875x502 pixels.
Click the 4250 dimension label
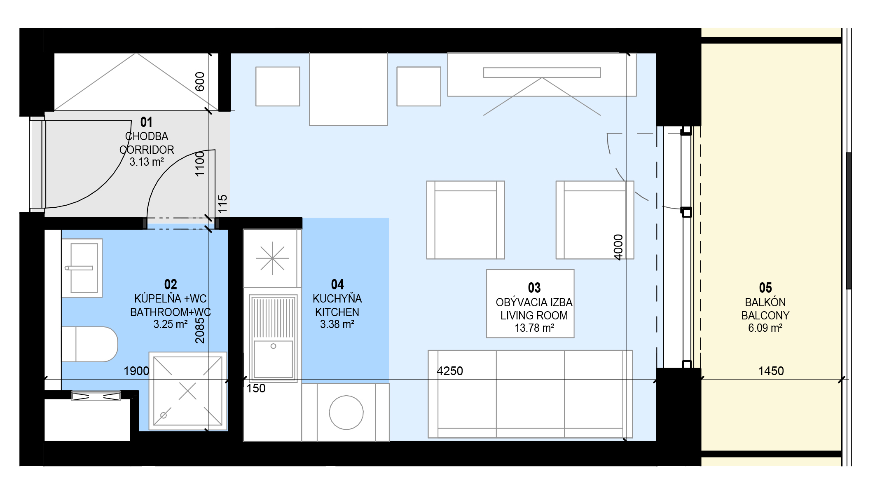(450, 371)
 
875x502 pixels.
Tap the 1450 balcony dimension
(771, 371)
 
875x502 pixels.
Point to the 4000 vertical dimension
(618, 247)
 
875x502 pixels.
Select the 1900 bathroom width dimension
(136, 371)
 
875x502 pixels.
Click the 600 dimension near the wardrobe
(200, 82)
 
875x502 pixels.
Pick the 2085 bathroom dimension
(200, 331)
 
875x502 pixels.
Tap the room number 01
(146, 122)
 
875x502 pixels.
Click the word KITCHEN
(337, 312)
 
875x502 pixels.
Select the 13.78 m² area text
(534, 328)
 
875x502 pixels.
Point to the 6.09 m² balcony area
(765, 328)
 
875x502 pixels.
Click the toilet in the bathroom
(90, 344)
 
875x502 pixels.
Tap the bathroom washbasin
(82, 268)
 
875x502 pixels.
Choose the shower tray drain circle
(164, 415)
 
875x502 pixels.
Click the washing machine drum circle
(346, 413)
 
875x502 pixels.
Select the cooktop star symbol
(272, 258)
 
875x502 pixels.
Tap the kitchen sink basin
(273, 358)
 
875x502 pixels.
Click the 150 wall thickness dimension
(256, 388)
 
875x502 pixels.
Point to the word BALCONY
(765, 316)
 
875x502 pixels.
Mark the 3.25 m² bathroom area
(171, 324)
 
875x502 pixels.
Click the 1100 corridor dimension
(200, 164)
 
